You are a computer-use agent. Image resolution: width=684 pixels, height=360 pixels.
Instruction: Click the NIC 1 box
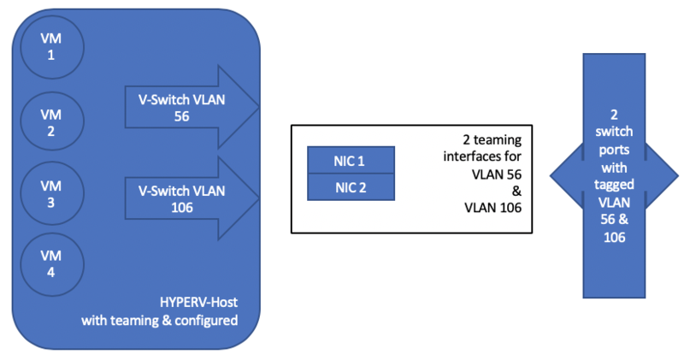[351, 159]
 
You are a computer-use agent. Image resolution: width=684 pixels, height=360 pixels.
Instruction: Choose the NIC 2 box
[351, 186]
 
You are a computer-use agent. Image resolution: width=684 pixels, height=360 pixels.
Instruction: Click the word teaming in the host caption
[138, 321]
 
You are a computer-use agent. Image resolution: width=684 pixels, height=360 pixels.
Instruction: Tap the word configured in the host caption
[204, 321]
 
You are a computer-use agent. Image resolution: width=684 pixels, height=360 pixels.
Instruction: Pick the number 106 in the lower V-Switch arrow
[180, 207]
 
